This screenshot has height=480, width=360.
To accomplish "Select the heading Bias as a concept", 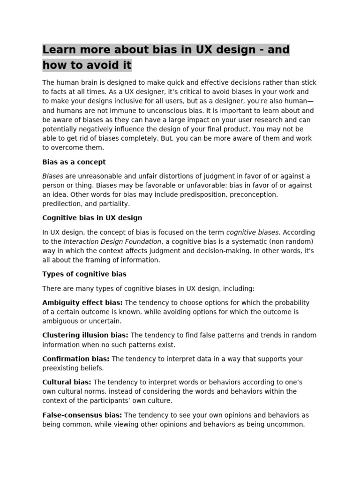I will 74,162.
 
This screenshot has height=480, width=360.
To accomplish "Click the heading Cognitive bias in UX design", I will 92,218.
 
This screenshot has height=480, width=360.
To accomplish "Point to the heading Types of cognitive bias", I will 84,274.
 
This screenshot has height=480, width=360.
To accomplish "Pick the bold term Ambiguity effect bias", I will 82,303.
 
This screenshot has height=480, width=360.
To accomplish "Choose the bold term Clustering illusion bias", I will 85,335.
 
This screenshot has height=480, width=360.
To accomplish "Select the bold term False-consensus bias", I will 82,415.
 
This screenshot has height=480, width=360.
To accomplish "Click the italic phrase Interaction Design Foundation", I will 113,241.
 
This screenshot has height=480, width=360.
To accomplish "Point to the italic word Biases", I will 53,176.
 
